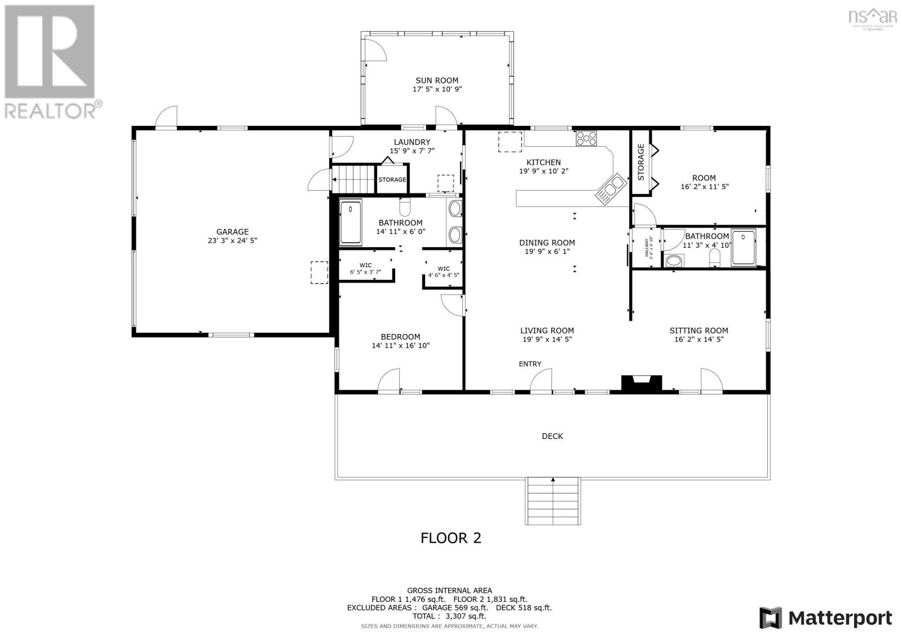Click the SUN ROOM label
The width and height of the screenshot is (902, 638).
click(437, 81)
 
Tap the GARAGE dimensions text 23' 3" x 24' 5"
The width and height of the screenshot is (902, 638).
click(232, 241)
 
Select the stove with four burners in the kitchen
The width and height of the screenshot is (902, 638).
click(586, 138)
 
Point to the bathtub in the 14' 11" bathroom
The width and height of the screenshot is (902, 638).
click(351, 223)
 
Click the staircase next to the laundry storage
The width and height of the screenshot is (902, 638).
click(353, 179)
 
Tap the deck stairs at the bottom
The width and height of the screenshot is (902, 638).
click(553, 500)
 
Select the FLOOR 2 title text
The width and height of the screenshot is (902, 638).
click(451, 538)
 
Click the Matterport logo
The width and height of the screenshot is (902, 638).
click(826, 618)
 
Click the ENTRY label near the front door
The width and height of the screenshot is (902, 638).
click(530, 364)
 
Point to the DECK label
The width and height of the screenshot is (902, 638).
click(552, 436)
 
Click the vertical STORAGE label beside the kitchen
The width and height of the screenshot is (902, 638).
click(640, 162)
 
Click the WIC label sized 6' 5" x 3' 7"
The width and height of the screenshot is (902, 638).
click(365, 265)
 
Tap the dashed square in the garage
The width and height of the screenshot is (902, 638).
click(319, 272)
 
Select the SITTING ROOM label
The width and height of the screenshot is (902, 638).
click(698, 331)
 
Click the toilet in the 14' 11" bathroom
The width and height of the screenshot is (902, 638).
click(405, 208)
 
